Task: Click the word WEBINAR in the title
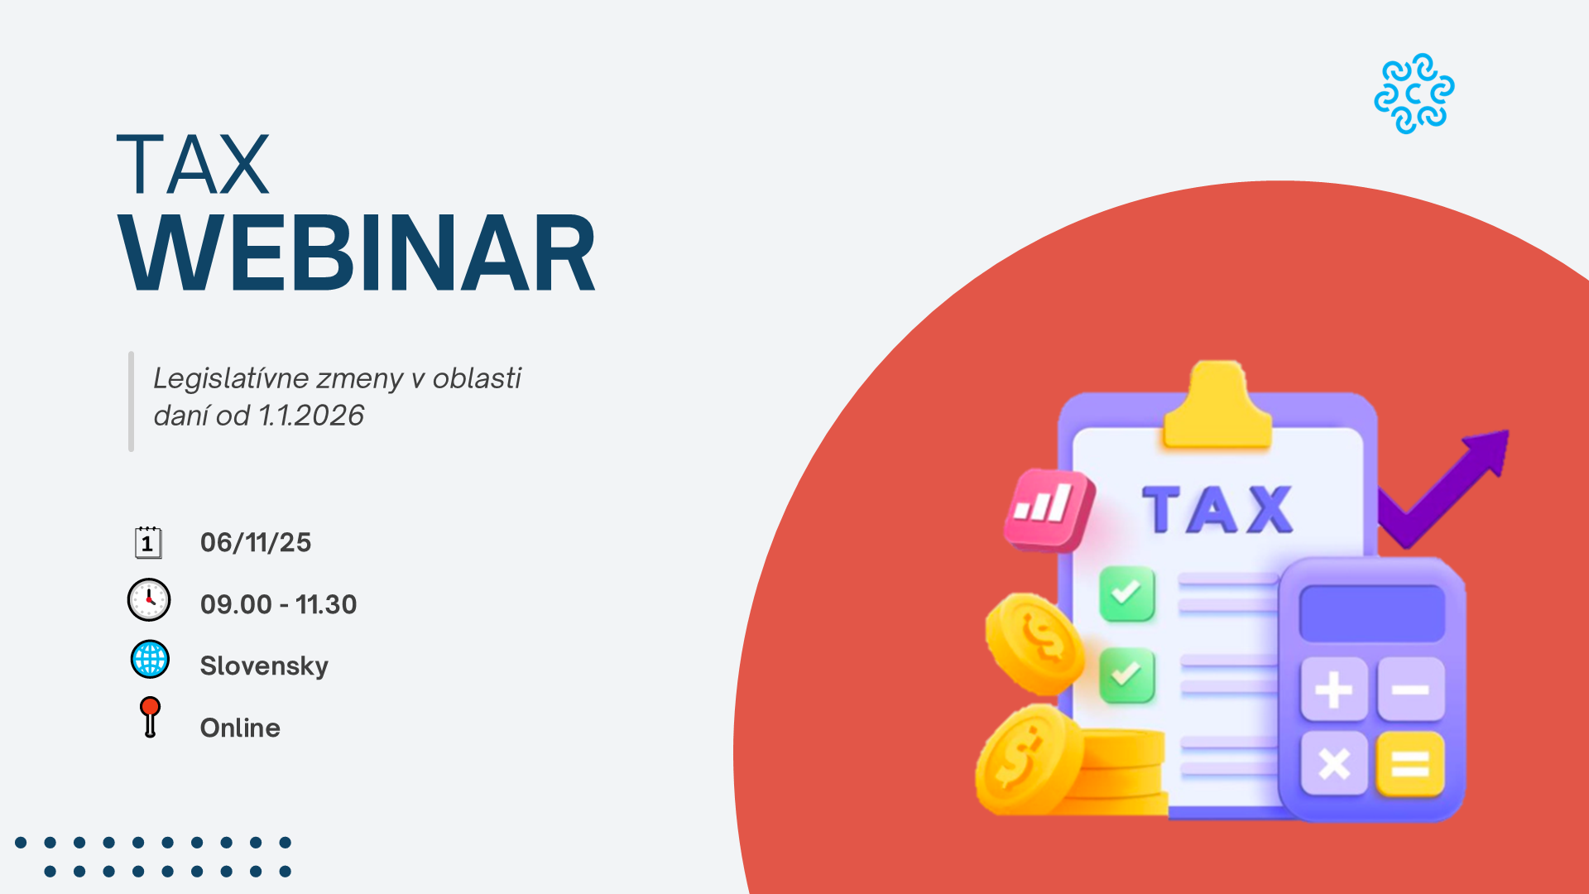(x=357, y=252)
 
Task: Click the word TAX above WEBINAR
(x=193, y=165)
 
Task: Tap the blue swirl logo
(x=1414, y=94)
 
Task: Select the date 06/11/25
(x=256, y=542)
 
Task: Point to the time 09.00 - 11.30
(x=278, y=604)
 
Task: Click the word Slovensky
(x=264, y=666)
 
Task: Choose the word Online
(x=240, y=728)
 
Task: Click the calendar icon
(x=148, y=542)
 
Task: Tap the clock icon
(x=149, y=600)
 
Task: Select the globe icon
(x=150, y=660)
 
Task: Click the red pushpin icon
(x=150, y=717)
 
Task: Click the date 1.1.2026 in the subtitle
(x=311, y=416)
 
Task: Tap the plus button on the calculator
(x=1333, y=690)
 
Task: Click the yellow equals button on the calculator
(x=1410, y=763)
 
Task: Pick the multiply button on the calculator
(x=1333, y=763)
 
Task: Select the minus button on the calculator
(x=1411, y=690)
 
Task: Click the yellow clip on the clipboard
(x=1217, y=406)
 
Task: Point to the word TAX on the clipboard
(x=1217, y=510)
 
